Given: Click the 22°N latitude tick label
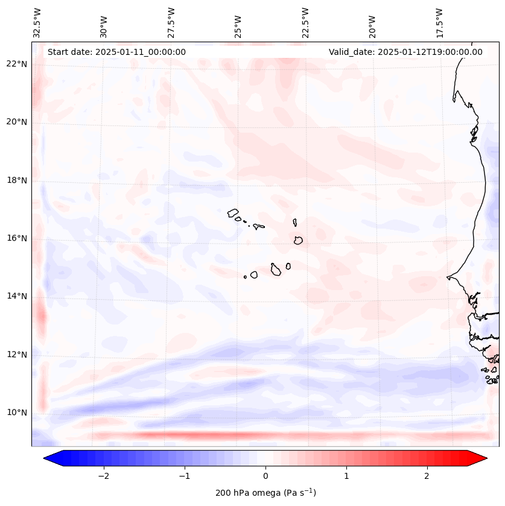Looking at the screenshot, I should tap(17, 64).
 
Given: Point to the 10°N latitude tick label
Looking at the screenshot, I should tap(17, 413).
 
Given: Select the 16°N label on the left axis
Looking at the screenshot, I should tap(17, 238).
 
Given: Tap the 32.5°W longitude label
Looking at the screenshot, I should tap(37, 23).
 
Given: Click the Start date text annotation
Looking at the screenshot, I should tap(116, 52).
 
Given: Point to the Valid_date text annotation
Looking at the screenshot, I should tap(405, 52).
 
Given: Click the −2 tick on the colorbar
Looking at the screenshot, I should tap(103, 476).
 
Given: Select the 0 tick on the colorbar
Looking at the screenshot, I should tap(265, 476).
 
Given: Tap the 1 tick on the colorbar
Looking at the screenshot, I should tap(346, 476).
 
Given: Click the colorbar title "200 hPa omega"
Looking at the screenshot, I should tap(265, 493).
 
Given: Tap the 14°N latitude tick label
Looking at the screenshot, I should tap(17, 296).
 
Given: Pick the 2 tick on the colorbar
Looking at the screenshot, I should tap(427, 476).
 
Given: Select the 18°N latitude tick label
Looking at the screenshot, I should tap(17, 180).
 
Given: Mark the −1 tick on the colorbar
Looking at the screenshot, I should tap(184, 476).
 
